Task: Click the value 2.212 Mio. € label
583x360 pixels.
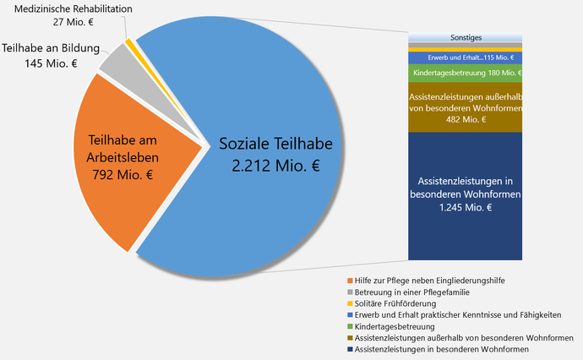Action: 275,166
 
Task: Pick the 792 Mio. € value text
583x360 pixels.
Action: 122,175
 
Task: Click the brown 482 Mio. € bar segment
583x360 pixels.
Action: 465,107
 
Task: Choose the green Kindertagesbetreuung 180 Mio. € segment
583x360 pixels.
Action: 465,74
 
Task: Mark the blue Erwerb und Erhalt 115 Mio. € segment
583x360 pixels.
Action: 465,57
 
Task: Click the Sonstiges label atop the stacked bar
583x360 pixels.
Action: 466,38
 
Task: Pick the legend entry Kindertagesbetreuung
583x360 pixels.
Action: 395,326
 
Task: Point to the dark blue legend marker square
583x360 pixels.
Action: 349,349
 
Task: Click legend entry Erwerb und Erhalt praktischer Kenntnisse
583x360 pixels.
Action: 457,314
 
